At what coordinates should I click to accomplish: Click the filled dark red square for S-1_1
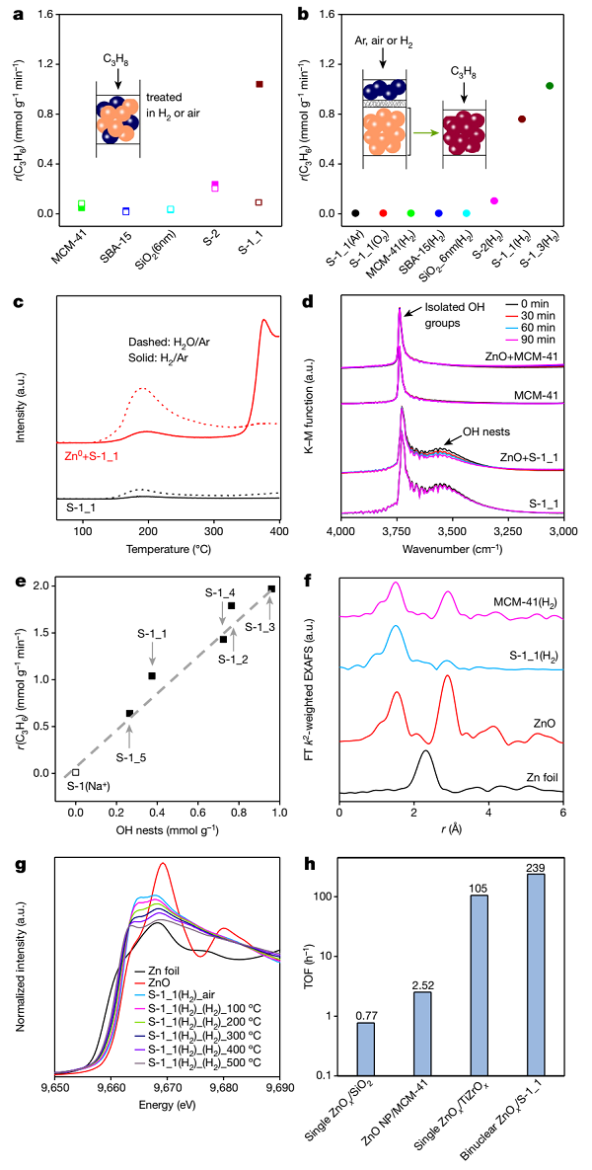pos(259,85)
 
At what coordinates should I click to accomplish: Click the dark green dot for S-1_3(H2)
pos(550,86)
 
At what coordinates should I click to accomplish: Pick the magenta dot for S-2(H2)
pos(494,200)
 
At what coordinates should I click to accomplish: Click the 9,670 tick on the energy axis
pos(168,1096)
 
